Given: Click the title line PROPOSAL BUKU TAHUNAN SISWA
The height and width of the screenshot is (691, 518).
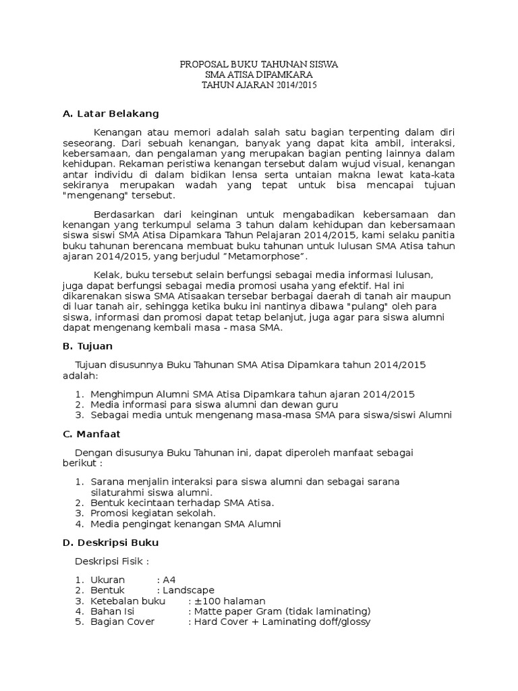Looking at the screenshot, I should pyautogui.click(x=259, y=64).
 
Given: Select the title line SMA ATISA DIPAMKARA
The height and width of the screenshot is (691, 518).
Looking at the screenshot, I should pyautogui.click(x=259, y=75).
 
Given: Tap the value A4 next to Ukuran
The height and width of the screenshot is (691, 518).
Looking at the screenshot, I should pyautogui.click(x=169, y=580).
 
